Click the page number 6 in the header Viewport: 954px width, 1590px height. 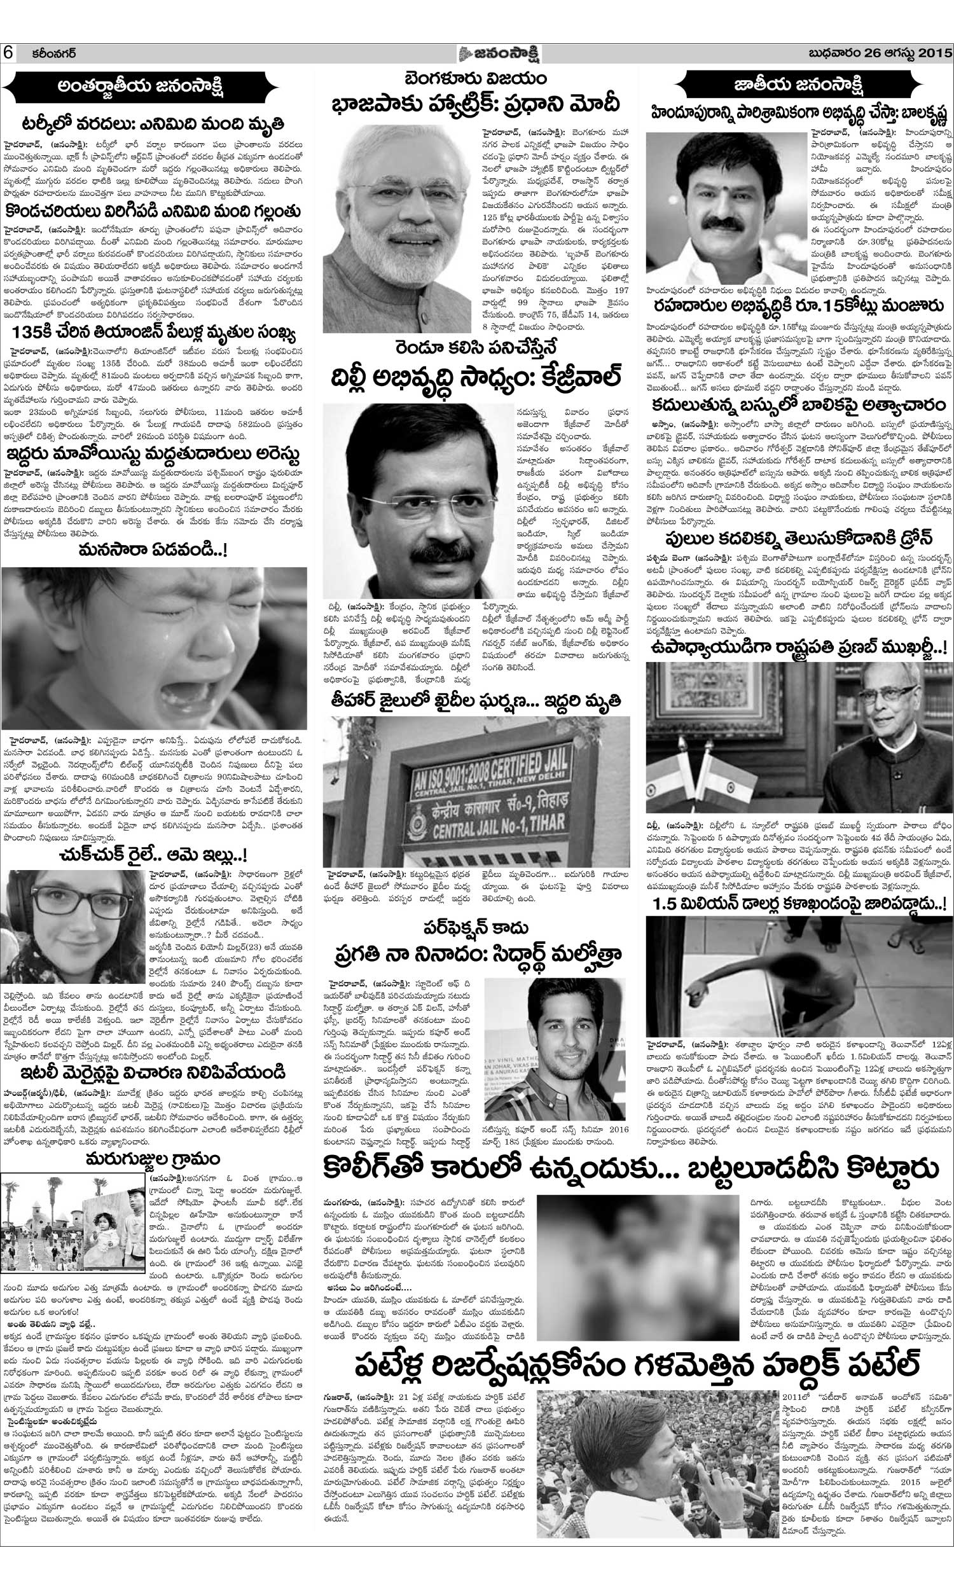[x=10, y=53]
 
